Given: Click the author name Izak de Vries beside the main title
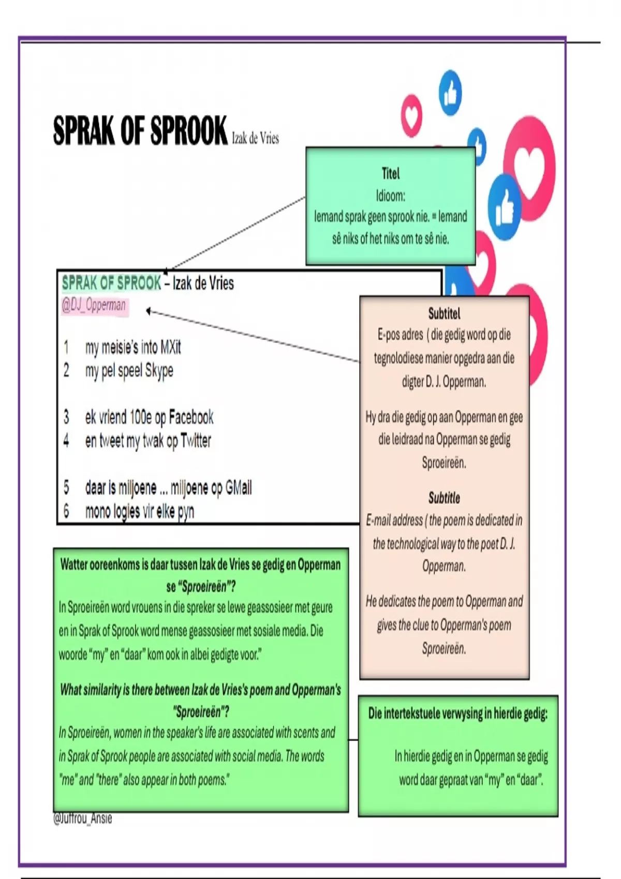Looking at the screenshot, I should (x=255, y=138).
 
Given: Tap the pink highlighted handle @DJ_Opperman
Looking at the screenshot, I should (x=94, y=305).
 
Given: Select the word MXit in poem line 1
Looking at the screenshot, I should (x=170, y=347).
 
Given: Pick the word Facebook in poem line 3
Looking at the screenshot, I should (x=191, y=417).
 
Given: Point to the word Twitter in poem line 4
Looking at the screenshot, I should (x=196, y=441).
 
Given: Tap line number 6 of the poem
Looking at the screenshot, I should (x=66, y=511).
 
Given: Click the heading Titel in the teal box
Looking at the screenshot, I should (x=390, y=173).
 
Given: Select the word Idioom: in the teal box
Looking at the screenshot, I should (x=390, y=195).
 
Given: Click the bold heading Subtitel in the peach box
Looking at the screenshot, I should (x=444, y=313).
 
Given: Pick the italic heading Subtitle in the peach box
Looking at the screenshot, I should (x=444, y=498).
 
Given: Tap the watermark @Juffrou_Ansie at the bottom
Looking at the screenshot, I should (x=83, y=819).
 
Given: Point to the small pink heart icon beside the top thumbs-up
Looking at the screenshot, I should (x=412, y=116).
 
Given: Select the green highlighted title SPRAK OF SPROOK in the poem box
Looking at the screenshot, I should (x=111, y=283).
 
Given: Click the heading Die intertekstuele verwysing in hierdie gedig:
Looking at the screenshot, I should (x=457, y=714).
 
